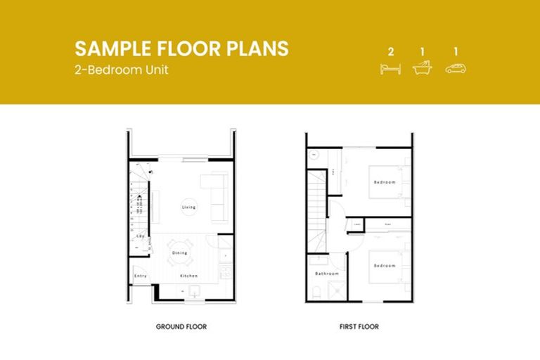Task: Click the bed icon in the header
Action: pyautogui.click(x=390, y=69)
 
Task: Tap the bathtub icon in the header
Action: pyautogui.click(x=423, y=68)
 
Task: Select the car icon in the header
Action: pyautogui.click(x=456, y=69)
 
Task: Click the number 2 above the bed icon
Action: pyautogui.click(x=390, y=52)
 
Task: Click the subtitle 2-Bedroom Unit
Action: pyautogui.click(x=122, y=70)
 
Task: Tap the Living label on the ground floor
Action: pyautogui.click(x=188, y=207)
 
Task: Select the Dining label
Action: pyautogui.click(x=180, y=252)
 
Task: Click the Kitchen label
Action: pyautogui.click(x=188, y=276)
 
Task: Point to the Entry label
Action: pyautogui.click(x=141, y=276)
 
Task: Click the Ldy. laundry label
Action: pyautogui.click(x=141, y=236)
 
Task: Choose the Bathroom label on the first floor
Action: pyautogui.click(x=327, y=274)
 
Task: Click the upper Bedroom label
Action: pyautogui.click(x=384, y=182)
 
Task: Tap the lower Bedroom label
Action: pyautogui.click(x=384, y=266)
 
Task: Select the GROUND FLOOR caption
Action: pyautogui.click(x=181, y=327)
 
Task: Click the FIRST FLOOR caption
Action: pyautogui.click(x=359, y=327)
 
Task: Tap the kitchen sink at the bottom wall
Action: pyautogui.click(x=191, y=292)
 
